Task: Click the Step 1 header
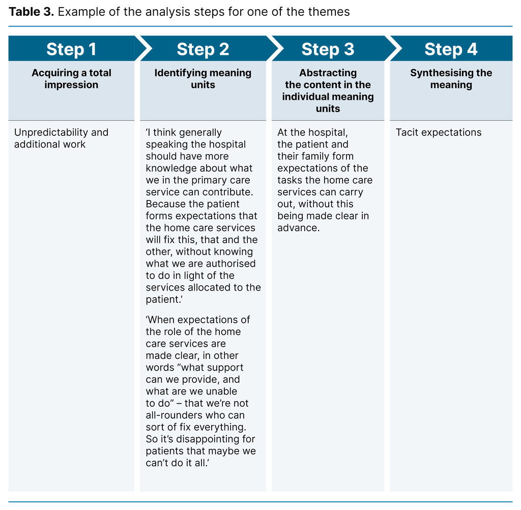point(71,49)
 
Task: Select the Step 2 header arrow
point(203,49)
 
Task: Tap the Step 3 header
point(328,49)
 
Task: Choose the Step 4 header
point(451,49)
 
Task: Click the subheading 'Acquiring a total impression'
point(71,79)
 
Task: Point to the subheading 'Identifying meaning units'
point(203,79)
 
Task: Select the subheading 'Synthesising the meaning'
point(451,79)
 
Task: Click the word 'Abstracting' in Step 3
point(328,73)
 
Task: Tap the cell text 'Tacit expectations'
point(438,132)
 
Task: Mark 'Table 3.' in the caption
point(31,12)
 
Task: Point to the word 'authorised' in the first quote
point(232,264)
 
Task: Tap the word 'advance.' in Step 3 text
point(299,228)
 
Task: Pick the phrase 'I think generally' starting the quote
point(185,132)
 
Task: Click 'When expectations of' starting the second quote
point(198,320)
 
